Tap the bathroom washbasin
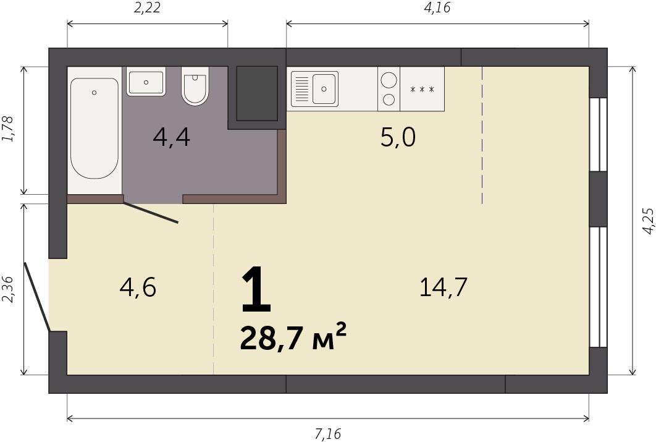pos(146,82)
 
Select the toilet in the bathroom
pos(195,86)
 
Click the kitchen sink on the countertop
pos(314,89)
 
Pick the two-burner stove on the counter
pos(389,89)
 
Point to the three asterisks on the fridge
pos(422,89)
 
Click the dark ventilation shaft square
pos(257,93)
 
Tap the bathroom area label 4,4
pos(172,137)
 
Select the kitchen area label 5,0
pos(398,137)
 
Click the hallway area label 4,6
pos(138,287)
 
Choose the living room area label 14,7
pos(443,287)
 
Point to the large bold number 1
pos(256,290)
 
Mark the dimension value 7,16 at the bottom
pos(328,433)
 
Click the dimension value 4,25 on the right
pos(647,221)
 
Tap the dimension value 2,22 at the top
pos(147,7)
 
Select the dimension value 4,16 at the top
pos(437,7)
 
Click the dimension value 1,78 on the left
pos(9,129)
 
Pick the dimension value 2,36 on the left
pos(9,289)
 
